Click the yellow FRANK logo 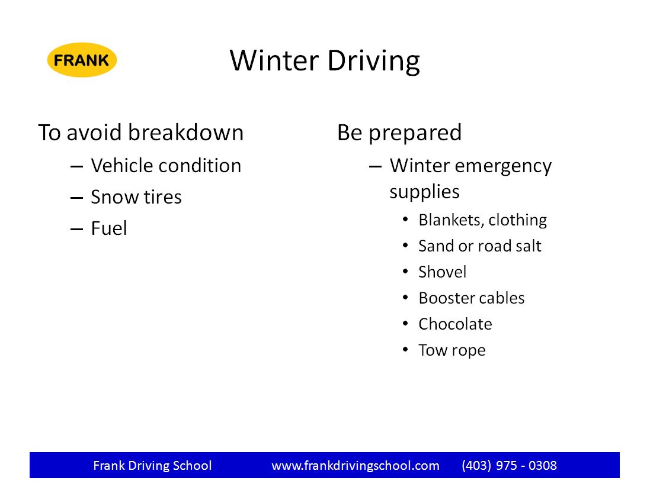(x=82, y=60)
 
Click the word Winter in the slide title (x=274, y=60)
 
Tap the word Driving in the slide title (x=373, y=62)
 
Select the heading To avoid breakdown (x=141, y=133)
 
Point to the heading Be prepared (x=399, y=133)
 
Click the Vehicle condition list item (x=166, y=166)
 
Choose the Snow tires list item (x=136, y=196)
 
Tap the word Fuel (x=109, y=228)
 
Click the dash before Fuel (x=76, y=229)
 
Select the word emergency (x=503, y=167)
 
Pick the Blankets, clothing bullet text (x=482, y=220)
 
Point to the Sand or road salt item (x=479, y=246)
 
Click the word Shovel (x=442, y=272)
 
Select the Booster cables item (x=471, y=298)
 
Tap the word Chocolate (x=455, y=324)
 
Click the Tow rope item (x=452, y=350)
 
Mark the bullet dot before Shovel (x=405, y=272)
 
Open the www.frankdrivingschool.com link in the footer (x=356, y=466)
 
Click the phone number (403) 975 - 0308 (x=509, y=466)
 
